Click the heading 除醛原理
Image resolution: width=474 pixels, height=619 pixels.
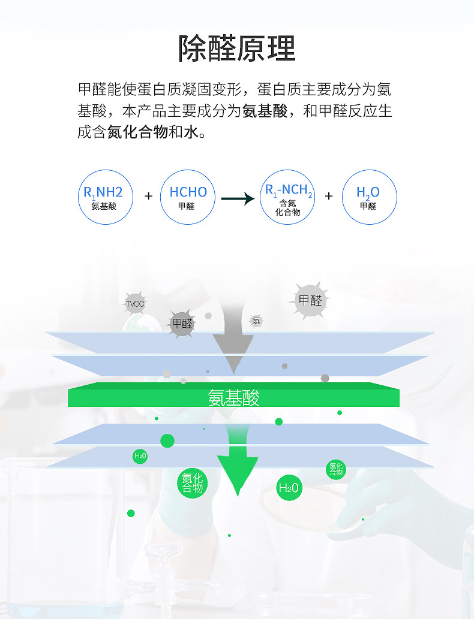(237, 48)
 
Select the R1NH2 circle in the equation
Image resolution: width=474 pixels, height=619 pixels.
(104, 197)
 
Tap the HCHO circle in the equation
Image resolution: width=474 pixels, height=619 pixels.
(188, 197)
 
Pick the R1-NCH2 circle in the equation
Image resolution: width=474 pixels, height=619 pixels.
(289, 197)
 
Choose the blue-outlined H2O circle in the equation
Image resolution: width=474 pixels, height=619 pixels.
(368, 197)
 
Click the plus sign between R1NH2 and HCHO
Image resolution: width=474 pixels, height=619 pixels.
(148, 196)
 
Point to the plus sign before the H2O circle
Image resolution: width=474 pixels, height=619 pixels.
(329, 196)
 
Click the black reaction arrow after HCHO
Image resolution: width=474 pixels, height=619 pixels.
(238, 198)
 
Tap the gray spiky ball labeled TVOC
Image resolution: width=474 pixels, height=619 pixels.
(136, 304)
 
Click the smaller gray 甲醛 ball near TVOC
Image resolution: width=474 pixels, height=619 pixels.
(182, 324)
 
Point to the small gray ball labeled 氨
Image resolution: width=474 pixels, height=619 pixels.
(256, 321)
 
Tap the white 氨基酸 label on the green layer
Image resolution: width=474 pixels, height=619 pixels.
(234, 397)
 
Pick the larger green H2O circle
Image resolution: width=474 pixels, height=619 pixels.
(289, 488)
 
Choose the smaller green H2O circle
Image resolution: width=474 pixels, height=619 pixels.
(140, 456)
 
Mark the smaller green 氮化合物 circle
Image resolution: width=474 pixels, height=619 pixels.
(335, 469)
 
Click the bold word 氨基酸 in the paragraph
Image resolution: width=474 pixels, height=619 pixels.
(265, 111)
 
